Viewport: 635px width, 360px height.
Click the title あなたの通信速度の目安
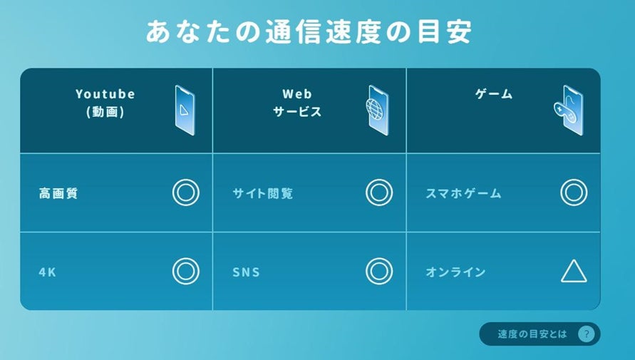point(309,33)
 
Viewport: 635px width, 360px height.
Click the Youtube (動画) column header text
point(105,103)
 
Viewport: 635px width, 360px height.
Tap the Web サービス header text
point(297,103)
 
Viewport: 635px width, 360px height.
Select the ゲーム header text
point(494,94)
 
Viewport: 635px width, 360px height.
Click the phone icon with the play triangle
point(185,110)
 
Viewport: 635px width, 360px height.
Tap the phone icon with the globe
point(378,110)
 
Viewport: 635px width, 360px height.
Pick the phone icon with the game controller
point(569,110)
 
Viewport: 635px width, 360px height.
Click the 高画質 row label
point(58,193)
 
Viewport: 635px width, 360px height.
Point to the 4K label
point(48,272)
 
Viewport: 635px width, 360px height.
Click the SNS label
point(246,272)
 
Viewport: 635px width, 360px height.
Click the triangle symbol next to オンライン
point(573,272)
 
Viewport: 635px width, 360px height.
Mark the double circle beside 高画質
point(185,192)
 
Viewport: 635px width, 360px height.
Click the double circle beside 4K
point(185,271)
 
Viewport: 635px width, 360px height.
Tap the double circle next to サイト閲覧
point(379,192)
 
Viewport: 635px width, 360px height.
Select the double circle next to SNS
point(379,271)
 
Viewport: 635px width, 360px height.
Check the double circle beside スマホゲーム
point(573,192)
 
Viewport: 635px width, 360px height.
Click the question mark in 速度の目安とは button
point(586,334)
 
